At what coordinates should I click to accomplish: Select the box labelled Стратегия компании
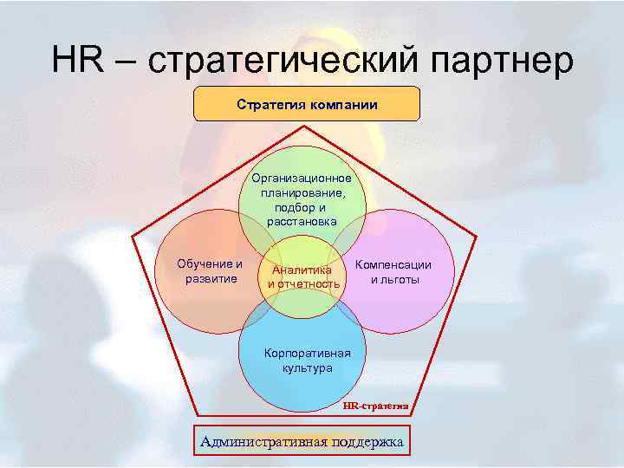[307, 104]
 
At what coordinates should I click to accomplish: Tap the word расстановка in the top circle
[302, 222]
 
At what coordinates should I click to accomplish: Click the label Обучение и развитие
[210, 270]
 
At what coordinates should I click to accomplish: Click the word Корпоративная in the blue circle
[308, 354]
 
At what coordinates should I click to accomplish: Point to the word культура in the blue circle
[307, 368]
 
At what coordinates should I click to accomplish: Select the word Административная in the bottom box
[263, 441]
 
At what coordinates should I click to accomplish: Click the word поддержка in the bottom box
[367, 441]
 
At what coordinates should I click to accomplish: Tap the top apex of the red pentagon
[305, 125]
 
